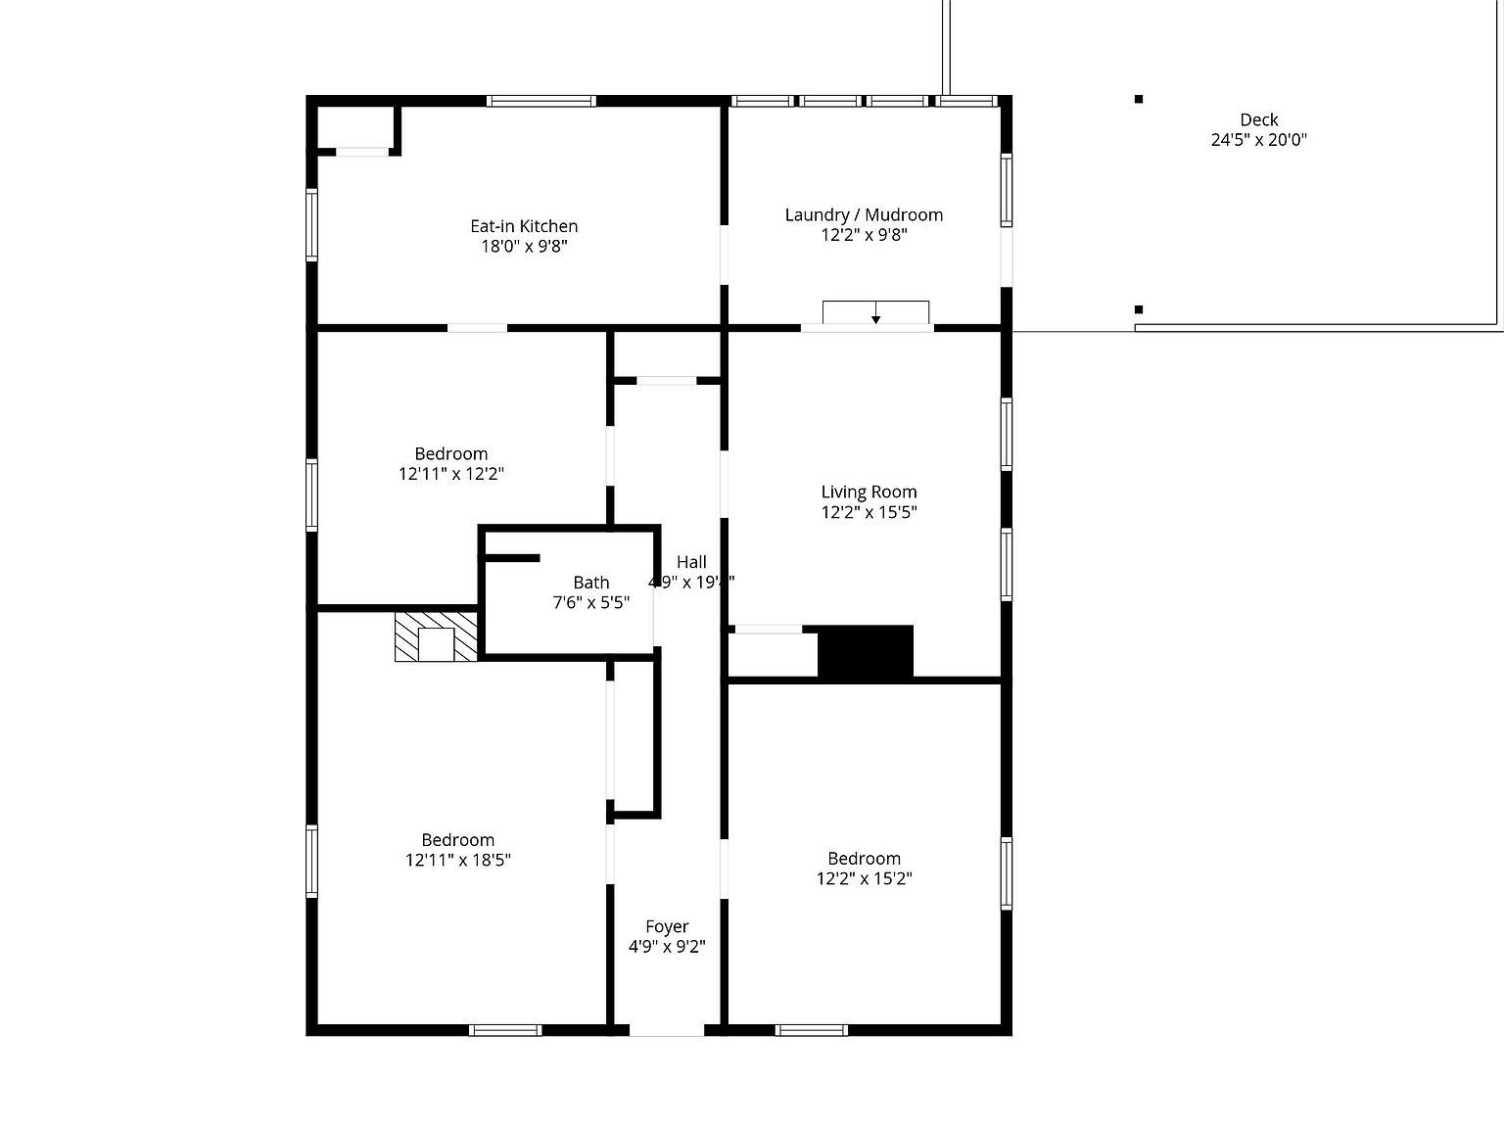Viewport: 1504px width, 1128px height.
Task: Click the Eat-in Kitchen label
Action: (524, 226)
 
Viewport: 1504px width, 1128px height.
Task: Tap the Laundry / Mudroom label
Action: (864, 214)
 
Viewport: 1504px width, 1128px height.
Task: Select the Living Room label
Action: (869, 492)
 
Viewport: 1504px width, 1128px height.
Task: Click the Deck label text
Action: (1258, 120)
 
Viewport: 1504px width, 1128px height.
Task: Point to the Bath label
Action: (590, 583)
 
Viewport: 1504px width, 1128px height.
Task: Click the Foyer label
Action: (667, 926)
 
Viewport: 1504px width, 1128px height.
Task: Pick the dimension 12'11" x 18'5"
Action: (458, 860)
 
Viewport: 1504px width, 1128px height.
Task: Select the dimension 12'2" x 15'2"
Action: (864, 878)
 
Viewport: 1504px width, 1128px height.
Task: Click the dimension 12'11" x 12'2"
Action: (450, 474)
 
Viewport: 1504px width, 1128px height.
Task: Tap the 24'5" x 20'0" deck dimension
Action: (1258, 140)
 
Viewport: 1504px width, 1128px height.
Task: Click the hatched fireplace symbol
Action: (436, 637)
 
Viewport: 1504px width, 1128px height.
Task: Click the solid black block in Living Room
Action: (866, 651)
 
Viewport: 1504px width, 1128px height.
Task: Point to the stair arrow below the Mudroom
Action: (875, 313)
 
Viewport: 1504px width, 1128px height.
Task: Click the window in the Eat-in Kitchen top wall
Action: (541, 101)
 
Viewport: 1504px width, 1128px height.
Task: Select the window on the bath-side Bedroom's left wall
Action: (312, 494)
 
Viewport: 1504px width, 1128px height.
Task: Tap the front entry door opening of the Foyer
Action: (666, 1030)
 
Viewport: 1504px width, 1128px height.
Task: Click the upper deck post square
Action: (1139, 99)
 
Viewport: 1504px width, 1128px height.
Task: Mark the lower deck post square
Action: (1139, 309)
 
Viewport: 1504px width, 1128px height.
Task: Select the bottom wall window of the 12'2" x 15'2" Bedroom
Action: (811, 1030)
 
